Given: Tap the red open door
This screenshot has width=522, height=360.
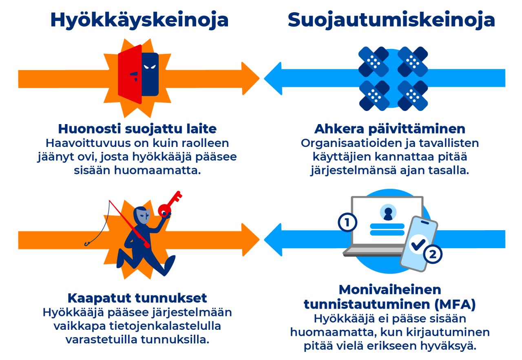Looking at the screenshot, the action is pyautogui.click(x=130, y=73).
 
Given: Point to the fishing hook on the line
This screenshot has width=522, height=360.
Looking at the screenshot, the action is pyautogui.click(x=87, y=244).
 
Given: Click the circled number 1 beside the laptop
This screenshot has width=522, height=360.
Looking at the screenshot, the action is pyautogui.click(x=347, y=223).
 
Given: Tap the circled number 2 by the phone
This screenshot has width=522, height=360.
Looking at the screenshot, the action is pyautogui.click(x=433, y=255).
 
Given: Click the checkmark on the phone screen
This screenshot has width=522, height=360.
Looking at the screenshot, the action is pyautogui.click(x=418, y=244).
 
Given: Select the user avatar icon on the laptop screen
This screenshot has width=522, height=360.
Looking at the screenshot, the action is pyautogui.click(x=387, y=212).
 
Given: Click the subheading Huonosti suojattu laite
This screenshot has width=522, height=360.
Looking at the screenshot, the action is pyautogui.click(x=137, y=129).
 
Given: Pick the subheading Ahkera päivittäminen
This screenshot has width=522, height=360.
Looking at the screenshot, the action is pyautogui.click(x=389, y=129).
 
